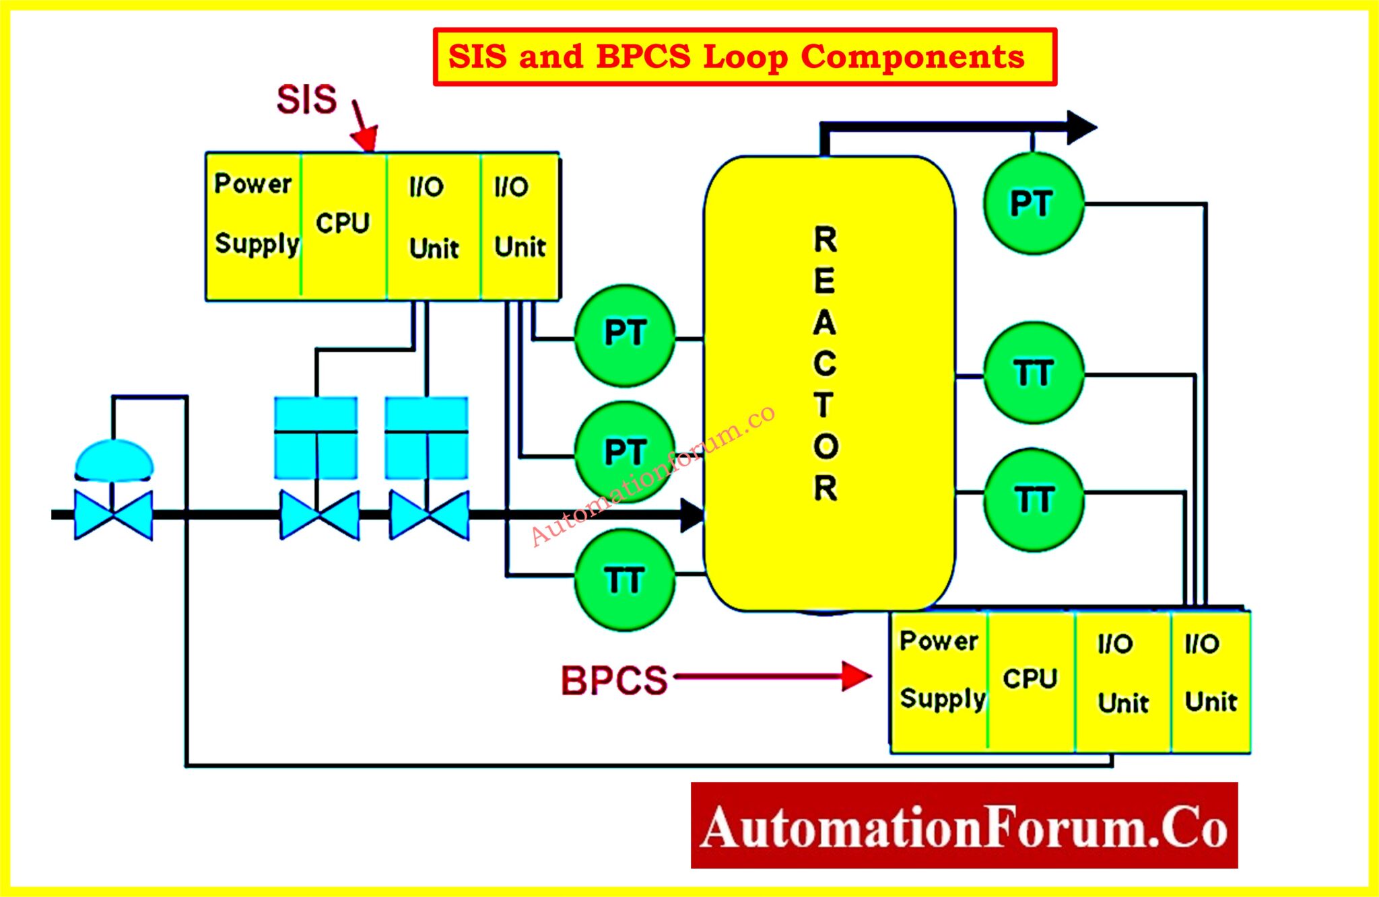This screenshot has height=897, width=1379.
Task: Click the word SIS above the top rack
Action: (306, 100)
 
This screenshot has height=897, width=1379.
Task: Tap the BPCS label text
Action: (613, 680)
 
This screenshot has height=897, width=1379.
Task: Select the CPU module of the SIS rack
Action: (343, 225)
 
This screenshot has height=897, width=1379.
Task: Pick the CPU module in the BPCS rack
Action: (1030, 680)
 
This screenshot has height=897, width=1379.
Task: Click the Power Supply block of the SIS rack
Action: (254, 225)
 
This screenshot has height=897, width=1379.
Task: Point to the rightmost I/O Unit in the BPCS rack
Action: (1210, 680)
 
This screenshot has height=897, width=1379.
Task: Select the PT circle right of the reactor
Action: (1033, 204)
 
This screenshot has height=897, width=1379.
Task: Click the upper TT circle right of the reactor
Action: (1033, 373)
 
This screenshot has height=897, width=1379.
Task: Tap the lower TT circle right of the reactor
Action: (1033, 500)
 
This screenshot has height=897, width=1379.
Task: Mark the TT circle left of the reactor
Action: (624, 580)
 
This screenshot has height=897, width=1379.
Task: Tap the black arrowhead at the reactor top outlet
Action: (1081, 127)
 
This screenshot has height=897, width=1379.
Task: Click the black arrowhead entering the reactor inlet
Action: (692, 515)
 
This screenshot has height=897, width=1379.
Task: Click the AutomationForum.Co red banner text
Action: (964, 826)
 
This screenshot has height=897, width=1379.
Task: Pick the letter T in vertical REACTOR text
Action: (825, 405)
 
